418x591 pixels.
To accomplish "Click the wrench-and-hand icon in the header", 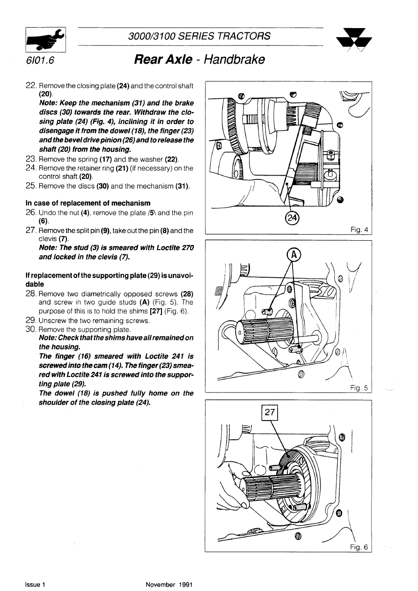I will pyautogui.click(x=46, y=39).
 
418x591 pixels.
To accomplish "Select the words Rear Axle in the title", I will pyautogui.click(x=162, y=60).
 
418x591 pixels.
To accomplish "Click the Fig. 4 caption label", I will pyautogui.click(x=359, y=229).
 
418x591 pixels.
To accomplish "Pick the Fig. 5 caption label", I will pyautogui.click(x=359, y=387).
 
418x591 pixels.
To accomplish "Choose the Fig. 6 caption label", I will pyautogui.click(x=359, y=547).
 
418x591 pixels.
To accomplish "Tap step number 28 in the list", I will pyautogui.click(x=31, y=294).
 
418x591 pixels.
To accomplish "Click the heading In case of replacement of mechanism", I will pyautogui.click(x=88, y=203).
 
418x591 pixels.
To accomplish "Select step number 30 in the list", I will pyautogui.click(x=31, y=329).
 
